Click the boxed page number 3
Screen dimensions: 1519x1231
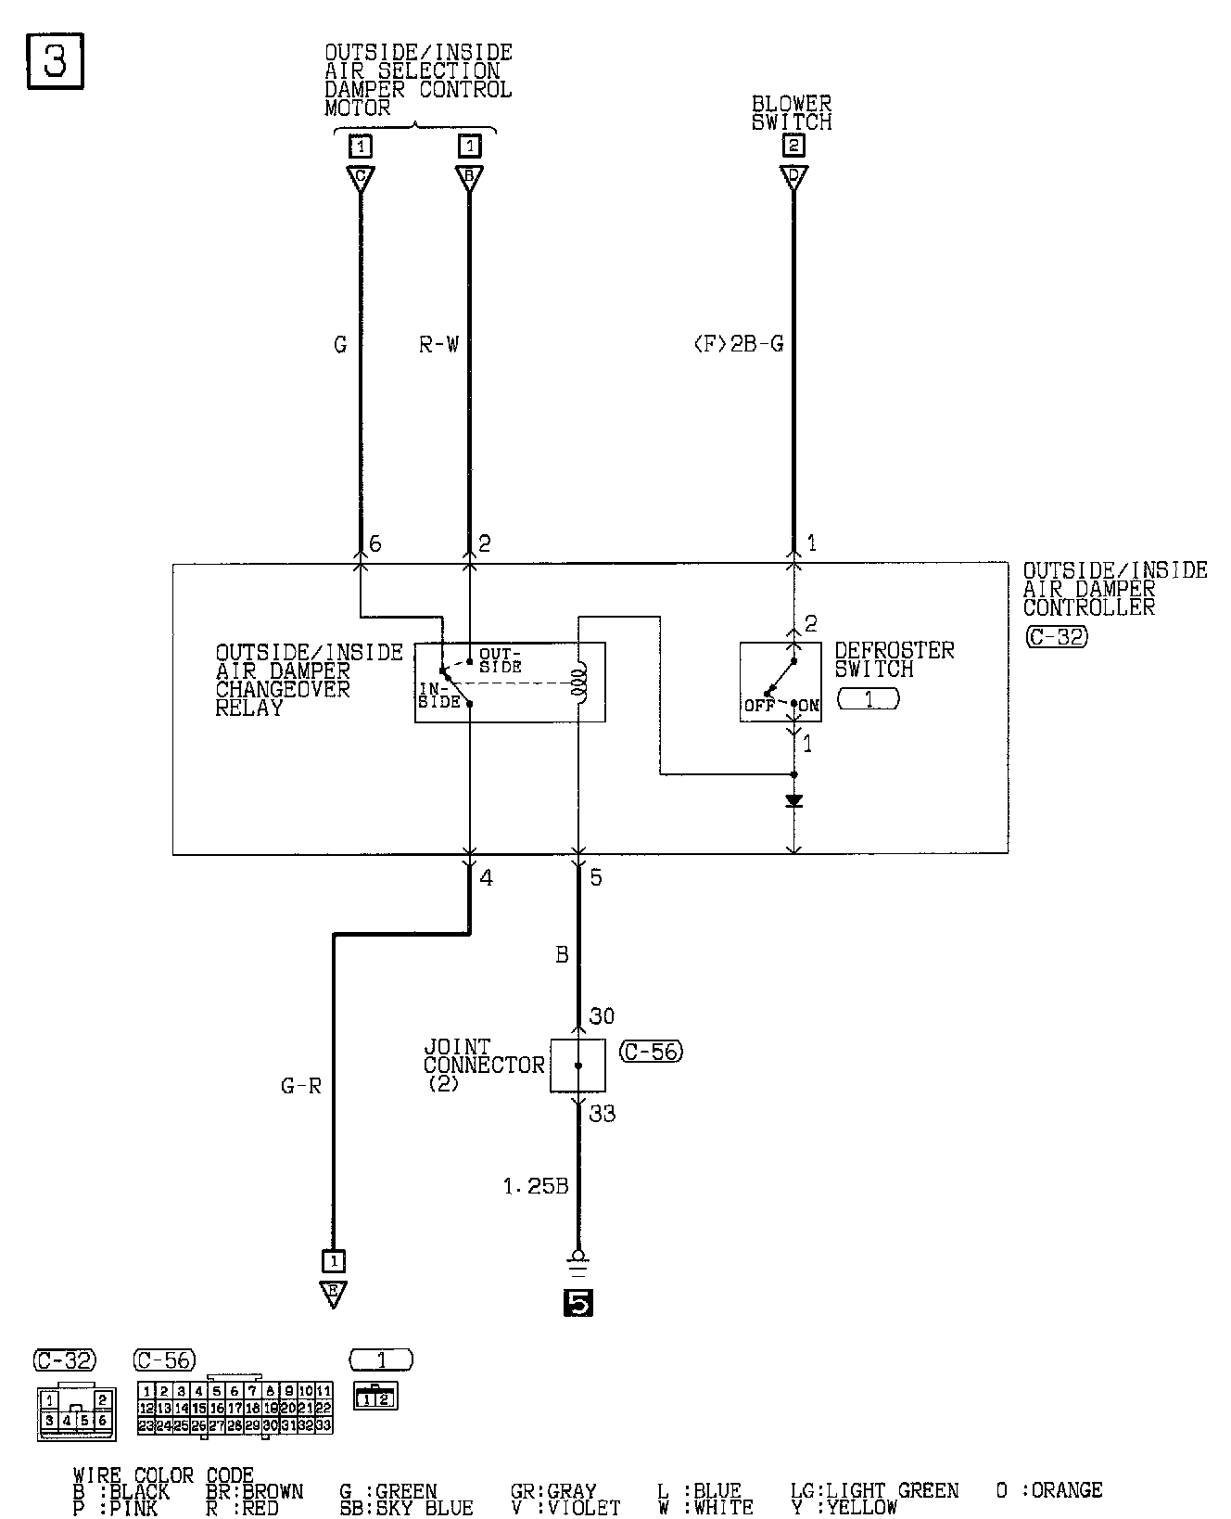click(x=55, y=62)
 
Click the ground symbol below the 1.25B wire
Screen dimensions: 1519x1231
click(x=577, y=1262)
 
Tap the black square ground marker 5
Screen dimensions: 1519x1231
click(x=577, y=1303)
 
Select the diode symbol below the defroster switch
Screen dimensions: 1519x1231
click(x=793, y=800)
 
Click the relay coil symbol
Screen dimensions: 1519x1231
click(x=578, y=683)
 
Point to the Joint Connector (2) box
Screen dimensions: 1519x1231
click(x=577, y=1066)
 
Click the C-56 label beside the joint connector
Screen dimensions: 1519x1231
click(x=651, y=1052)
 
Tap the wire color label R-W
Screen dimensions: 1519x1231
click(x=438, y=345)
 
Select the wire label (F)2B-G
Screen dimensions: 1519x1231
click(x=738, y=345)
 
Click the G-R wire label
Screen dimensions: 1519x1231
click(x=301, y=1085)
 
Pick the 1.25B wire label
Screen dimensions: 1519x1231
click(x=535, y=1186)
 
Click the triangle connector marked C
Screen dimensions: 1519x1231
click(x=360, y=178)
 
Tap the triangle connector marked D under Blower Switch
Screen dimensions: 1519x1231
click(x=793, y=178)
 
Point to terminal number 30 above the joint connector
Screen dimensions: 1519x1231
click(x=602, y=1016)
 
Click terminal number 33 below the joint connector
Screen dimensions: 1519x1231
click(x=602, y=1113)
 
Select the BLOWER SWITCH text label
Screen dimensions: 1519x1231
click(x=792, y=113)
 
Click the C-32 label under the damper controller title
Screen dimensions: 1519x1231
click(x=1057, y=637)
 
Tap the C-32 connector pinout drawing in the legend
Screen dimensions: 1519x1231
click(x=77, y=1410)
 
